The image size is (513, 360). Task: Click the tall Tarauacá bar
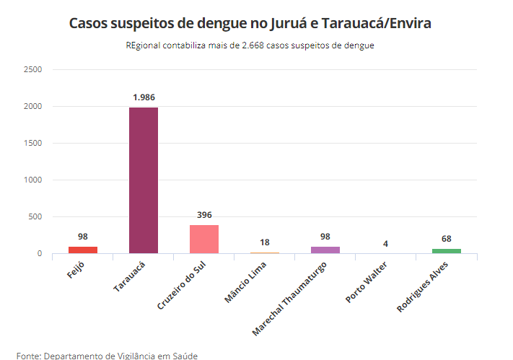pyautogui.click(x=144, y=180)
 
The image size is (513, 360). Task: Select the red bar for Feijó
pyautogui.click(x=83, y=250)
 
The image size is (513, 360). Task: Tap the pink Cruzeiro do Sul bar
pyautogui.click(x=204, y=239)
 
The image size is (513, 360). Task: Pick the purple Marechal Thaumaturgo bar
pyautogui.click(x=325, y=250)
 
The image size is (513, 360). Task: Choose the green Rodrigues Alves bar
pyautogui.click(x=447, y=250)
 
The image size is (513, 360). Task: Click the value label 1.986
pyautogui.click(x=144, y=97)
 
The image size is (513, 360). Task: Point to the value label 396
pyautogui.click(x=204, y=215)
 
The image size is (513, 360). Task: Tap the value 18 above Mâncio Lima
pyautogui.click(x=265, y=243)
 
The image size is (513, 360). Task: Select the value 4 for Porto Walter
pyautogui.click(x=386, y=244)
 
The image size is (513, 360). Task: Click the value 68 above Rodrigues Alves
pyautogui.click(x=447, y=239)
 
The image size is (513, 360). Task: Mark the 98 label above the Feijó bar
pyautogui.click(x=83, y=237)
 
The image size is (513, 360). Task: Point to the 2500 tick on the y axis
pyautogui.click(x=33, y=69)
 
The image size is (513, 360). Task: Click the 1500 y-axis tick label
pyautogui.click(x=33, y=143)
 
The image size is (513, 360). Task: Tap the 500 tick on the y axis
pyautogui.click(x=35, y=216)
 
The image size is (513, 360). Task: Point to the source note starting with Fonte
pyautogui.click(x=107, y=355)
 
